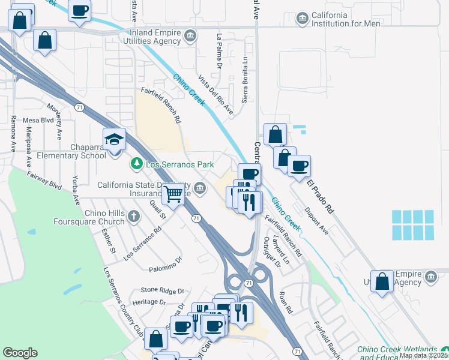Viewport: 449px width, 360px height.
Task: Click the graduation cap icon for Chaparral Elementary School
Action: pyautogui.click(x=114, y=140)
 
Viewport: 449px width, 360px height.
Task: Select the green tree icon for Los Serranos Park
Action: pyautogui.click(x=137, y=163)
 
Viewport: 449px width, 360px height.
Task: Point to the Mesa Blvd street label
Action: pyautogui.click(x=38, y=120)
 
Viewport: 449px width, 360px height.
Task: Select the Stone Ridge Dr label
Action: pyautogui.click(x=161, y=290)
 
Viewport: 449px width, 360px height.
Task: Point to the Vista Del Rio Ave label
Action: pyautogui.click(x=216, y=95)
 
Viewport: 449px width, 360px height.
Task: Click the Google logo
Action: pyautogui.click(x=20, y=353)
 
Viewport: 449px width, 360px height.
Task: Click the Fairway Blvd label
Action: pyautogui.click(x=45, y=180)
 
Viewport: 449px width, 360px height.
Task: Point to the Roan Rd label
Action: pyautogui.click(x=285, y=302)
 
